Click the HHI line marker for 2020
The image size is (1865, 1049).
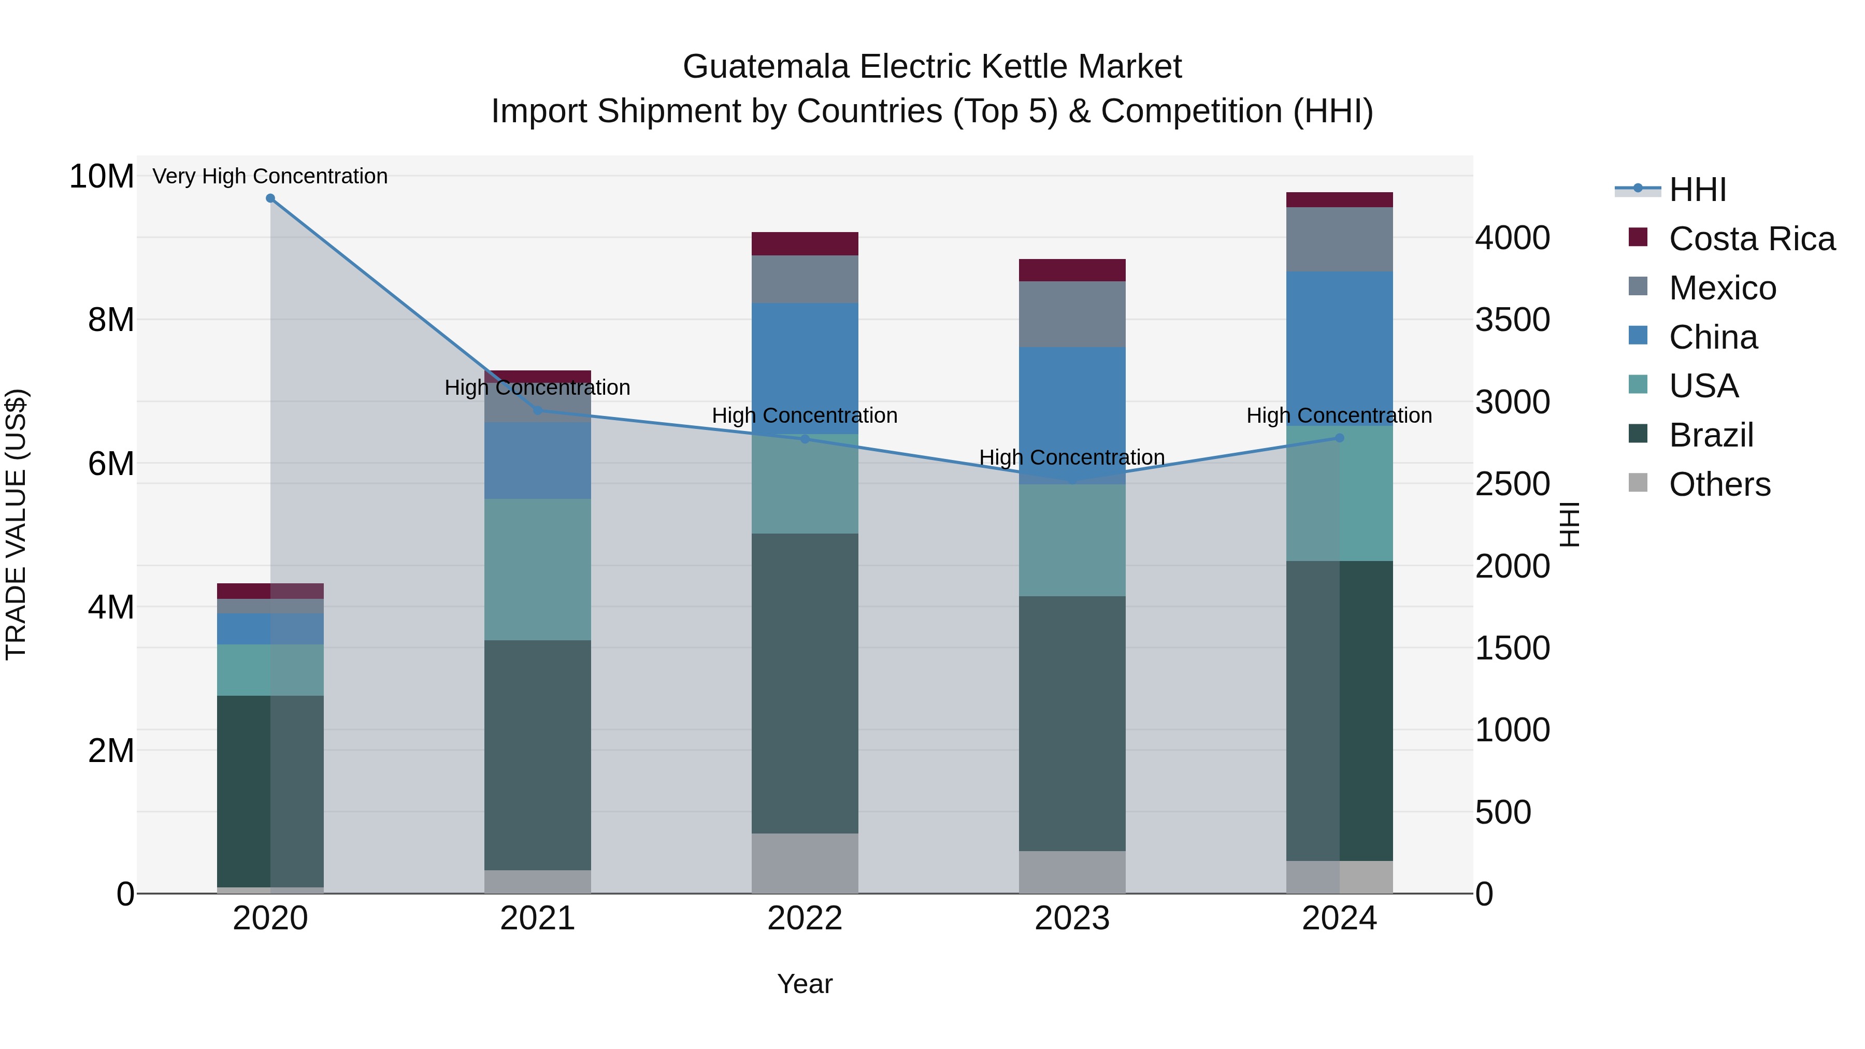(x=270, y=198)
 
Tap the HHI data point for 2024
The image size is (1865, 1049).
(x=1339, y=438)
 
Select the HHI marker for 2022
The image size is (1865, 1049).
(x=805, y=439)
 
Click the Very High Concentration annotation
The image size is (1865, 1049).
(x=270, y=176)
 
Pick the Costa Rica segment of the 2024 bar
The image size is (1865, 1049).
(x=1339, y=200)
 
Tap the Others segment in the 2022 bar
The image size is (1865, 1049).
(x=805, y=863)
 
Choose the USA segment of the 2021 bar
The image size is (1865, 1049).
(x=537, y=569)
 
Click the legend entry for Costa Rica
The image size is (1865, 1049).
(x=1752, y=239)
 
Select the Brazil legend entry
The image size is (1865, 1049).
(x=1711, y=435)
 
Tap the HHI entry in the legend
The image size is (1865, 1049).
(x=1697, y=190)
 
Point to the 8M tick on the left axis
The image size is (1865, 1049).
(x=111, y=319)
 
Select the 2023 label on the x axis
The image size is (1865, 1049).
(x=1071, y=918)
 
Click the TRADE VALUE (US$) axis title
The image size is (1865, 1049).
(x=16, y=524)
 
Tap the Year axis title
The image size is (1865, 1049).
(x=805, y=984)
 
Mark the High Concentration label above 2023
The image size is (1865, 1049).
(x=1071, y=457)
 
